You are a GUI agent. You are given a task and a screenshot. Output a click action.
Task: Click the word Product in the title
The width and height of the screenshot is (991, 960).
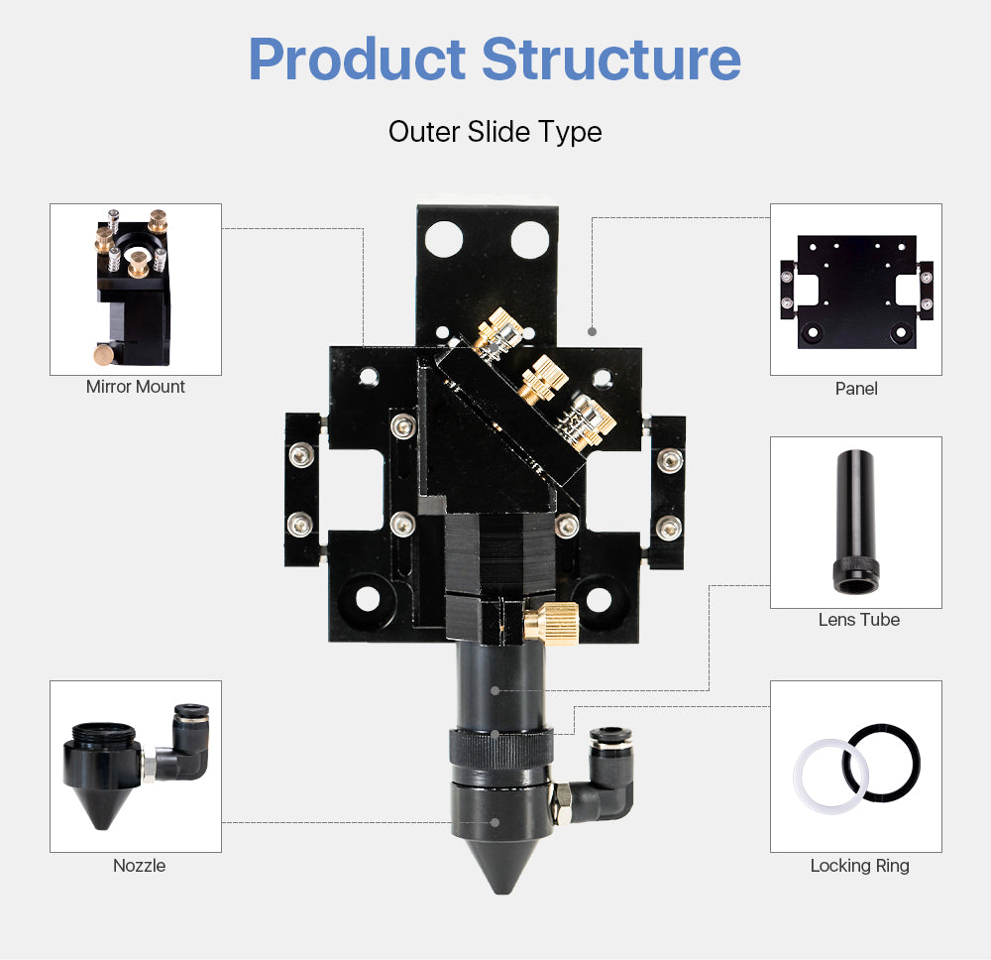357,60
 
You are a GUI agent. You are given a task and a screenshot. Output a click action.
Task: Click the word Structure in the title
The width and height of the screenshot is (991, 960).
611,60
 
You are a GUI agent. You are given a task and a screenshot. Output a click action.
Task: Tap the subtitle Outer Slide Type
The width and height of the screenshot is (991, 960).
495,132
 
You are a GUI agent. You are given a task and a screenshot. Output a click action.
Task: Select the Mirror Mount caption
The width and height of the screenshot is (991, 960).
136,387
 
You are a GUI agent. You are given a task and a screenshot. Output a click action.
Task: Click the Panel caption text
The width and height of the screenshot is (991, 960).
856,388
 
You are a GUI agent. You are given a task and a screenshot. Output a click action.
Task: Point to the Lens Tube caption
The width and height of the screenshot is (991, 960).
858,620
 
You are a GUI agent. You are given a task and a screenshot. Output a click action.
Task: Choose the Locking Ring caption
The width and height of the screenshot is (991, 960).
859,866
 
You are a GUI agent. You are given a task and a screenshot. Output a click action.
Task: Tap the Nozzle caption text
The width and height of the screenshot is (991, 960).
139,866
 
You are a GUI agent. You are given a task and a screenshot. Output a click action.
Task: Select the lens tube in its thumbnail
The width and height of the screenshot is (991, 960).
853,521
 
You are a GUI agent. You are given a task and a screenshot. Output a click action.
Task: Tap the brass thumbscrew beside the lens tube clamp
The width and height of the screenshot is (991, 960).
550,622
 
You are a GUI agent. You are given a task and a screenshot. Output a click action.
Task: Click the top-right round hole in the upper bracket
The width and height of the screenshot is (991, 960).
529,238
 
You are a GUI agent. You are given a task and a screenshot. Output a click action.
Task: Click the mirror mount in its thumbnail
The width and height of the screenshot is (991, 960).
132,288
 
